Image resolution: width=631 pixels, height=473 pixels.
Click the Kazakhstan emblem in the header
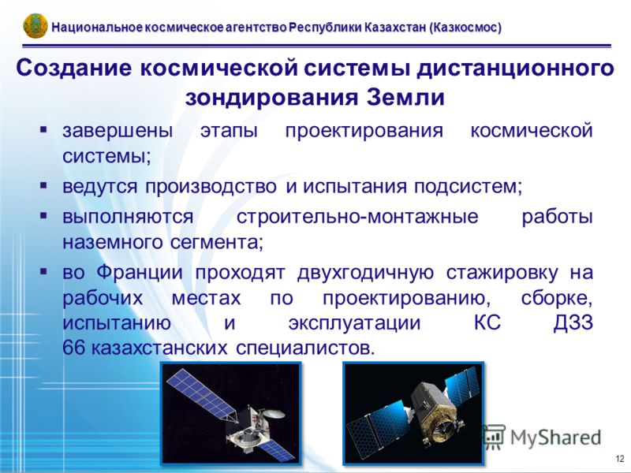pos(35,26)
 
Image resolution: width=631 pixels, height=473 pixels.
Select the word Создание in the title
pos(74,68)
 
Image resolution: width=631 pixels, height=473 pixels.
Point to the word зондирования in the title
pos(271,99)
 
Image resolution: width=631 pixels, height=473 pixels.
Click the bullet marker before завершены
pos(43,129)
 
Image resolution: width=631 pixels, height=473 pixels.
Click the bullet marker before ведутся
pos(43,185)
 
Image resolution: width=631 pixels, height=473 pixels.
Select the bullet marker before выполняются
pos(43,216)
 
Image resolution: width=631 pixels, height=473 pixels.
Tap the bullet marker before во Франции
pos(43,271)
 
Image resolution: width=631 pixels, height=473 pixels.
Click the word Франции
pos(140,274)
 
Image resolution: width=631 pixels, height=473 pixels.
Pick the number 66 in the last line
pos(73,348)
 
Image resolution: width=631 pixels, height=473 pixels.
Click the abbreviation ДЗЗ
pos(573,323)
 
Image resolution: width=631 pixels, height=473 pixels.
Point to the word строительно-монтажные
pos(357,218)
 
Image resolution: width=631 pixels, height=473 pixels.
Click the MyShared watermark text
pos(555,438)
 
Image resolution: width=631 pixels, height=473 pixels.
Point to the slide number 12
pos(620,459)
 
